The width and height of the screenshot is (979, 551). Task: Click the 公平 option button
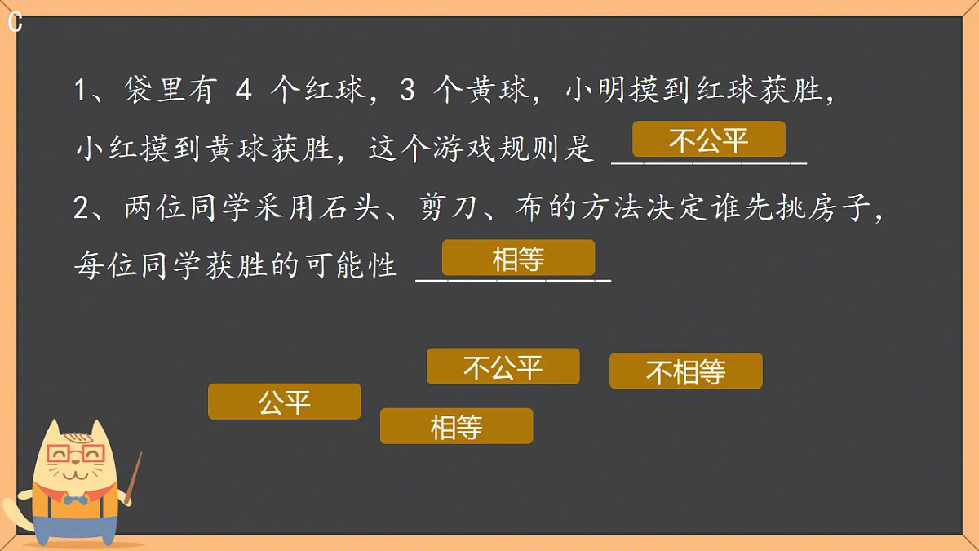pyautogui.click(x=284, y=402)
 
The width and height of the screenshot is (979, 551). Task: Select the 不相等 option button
pyautogui.click(x=685, y=371)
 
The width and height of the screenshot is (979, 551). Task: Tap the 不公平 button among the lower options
pyautogui.click(x=503, y=367)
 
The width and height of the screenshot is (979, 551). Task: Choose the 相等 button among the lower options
pyautogui.click(x=456, y=426)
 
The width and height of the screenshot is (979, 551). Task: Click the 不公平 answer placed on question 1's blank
pyautogui.click(x=708, y=140)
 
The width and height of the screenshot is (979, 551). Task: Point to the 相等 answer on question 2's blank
pyautogui.click(x=518, y=258)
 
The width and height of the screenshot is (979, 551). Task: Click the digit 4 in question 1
pyautogui.click(x=243, y=91)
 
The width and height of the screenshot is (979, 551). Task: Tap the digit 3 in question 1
pyautogui.click(x=408, y=91)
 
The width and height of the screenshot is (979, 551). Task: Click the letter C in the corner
pyautogui.click(x=15, y=23)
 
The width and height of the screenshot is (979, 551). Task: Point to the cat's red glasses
pyautogui.click(x=76, y=454)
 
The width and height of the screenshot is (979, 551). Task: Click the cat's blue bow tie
pyautogui.click(x=75, y=499)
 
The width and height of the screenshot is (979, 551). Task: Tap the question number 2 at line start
pyautogui.click(x=81, y=209)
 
